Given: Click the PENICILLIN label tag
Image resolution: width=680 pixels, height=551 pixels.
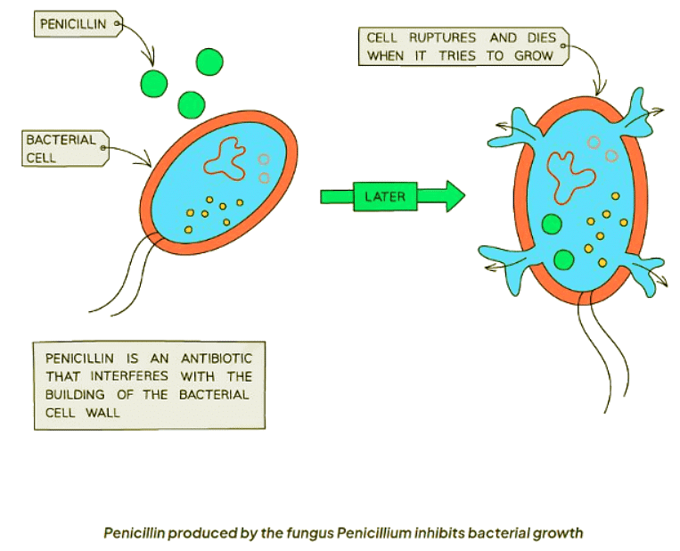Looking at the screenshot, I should pyautogui.click(x=77, y=24).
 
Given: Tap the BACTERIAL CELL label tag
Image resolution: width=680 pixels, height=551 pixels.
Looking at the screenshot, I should pyautogui.click(x=64, y=149).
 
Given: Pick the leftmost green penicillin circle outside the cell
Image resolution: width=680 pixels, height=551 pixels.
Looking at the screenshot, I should pyautogui.click(x=153, y=83).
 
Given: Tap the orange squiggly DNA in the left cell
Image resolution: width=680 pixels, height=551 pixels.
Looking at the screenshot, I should pyautogui.click(x=225, y=158).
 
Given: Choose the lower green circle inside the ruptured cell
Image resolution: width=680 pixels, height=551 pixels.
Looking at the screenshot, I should pyautogui.click(x=563, y=259).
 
